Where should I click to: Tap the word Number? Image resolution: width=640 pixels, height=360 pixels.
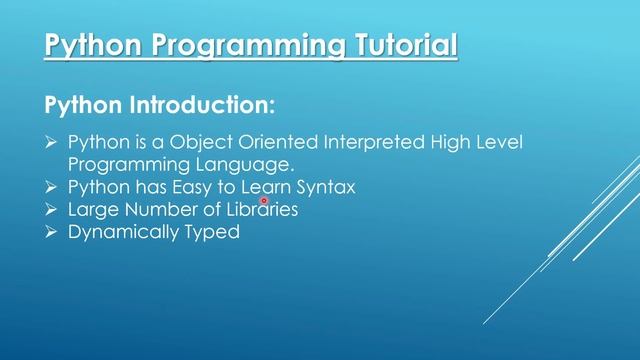click(158, 210)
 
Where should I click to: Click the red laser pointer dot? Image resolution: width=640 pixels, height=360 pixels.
click(264, 200)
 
